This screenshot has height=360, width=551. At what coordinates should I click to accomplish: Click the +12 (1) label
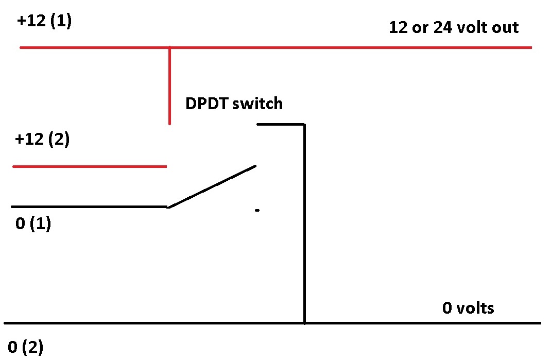(x=44, y=21)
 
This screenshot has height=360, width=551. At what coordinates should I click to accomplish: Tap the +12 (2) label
(x=42, y=139)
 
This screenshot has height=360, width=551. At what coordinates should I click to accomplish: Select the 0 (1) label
(x=33, y=223)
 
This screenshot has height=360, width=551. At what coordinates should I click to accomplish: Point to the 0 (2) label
(x=25, y=347)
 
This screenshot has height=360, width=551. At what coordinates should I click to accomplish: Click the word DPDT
(x=206, y=104)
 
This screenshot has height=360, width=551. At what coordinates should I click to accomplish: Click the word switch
(x=257, y=104)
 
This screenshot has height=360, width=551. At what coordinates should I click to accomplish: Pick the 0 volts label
(x=468, y=308)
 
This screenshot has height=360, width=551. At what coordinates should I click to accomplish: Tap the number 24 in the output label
(x=442, y=27)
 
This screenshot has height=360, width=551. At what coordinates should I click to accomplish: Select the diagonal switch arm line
(x=212, y=186)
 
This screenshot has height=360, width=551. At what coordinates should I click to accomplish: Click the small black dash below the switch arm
(x=257, y=210)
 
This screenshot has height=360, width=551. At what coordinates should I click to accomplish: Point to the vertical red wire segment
(x=170, y=85)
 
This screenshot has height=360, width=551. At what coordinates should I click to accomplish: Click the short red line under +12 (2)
(x=90, y=166)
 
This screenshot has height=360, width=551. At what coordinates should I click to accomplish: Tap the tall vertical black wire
(x=304, y=224)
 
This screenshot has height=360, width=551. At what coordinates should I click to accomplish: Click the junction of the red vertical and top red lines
(x=170, y=47)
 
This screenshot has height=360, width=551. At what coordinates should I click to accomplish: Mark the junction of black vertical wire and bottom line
(x=304, y=323)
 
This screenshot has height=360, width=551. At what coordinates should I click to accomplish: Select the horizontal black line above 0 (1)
(x=90, y=207)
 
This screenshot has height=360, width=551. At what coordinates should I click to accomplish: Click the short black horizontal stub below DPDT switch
(x=281, y=124)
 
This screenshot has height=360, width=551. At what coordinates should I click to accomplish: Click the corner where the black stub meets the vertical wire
(x=304, y=124)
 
